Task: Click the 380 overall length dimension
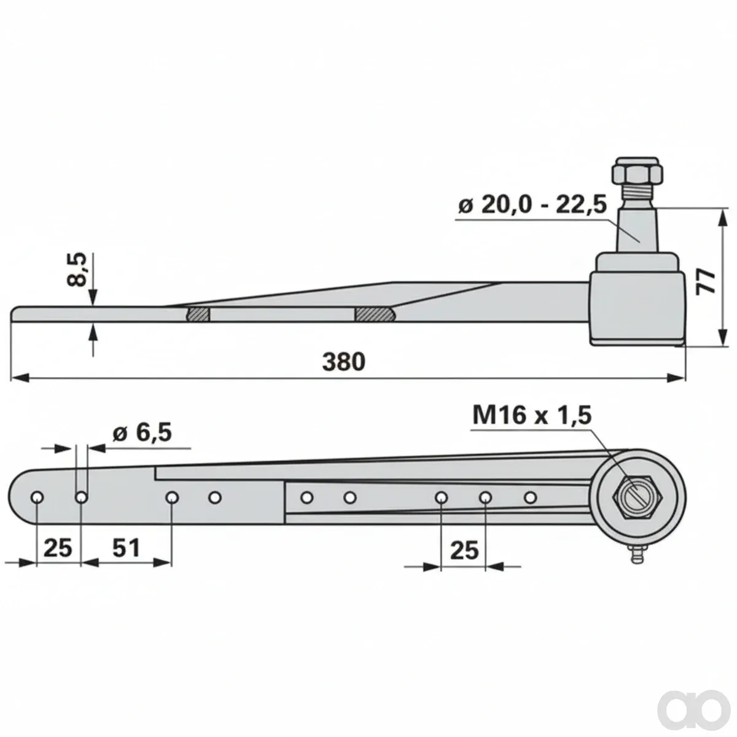pos(343,362)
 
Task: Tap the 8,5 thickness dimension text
pos(77,270)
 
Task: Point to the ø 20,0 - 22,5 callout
pos(532,205)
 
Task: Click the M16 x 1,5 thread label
pos(532,416)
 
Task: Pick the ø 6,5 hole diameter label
pos(142,434)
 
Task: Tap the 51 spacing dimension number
pos(127,548)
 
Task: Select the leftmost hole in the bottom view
pos(37,497)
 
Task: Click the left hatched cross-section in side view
pos(198,314)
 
